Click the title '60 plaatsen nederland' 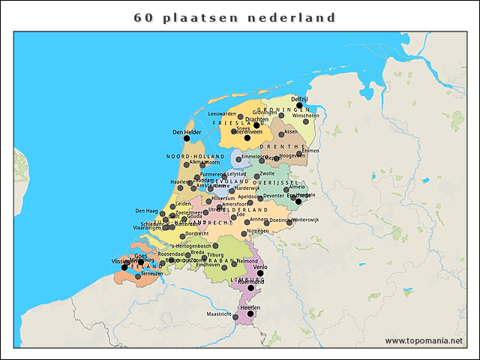[235, 16]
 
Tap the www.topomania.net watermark [424, 340]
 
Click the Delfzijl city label [300, 99]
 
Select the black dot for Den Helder [187, 139]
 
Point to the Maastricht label [219, 314]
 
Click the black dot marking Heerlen [250, 314]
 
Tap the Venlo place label [260, 266]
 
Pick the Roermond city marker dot [250, 287]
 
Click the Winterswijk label [306, 220]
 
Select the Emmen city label [310, 151]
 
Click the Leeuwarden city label [222, 114]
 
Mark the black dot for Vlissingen [124, 267]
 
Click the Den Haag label [146, 211]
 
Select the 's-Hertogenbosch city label [191, 245]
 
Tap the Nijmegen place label [257, 231]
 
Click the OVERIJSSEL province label [277, 182]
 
